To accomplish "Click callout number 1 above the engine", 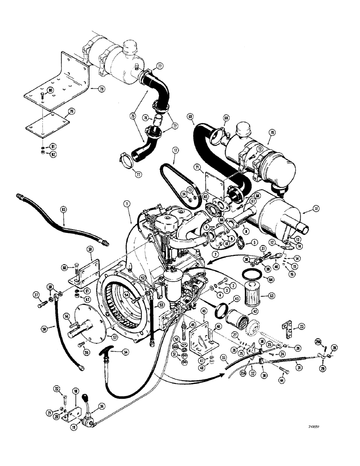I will coord(126,203).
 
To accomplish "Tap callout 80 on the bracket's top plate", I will coord(50,90).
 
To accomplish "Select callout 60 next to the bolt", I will coord(64,267).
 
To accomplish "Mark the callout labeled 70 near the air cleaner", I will coord(270,132).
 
